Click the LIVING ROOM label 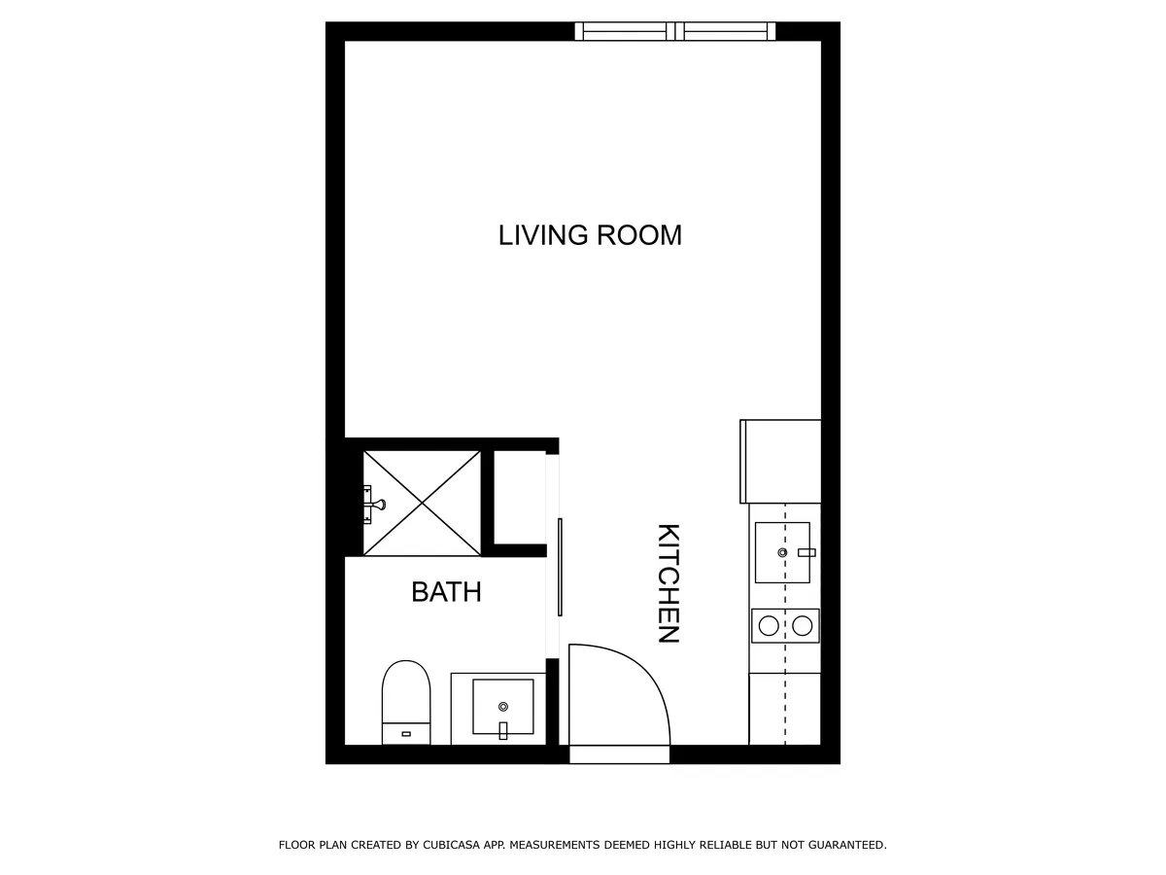[x=590, y=235]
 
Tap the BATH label [x=446, y=592]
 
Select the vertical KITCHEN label [x=669, y=583]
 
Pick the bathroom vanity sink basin [x=502, y=706]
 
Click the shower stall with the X [x=422, y=503]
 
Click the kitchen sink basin [x=782, y=552]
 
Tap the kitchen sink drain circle [x=782, y=552]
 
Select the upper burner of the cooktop [x=769, y=626]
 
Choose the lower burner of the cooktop [x=802, y=626]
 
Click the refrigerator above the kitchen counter [x=781, y=461]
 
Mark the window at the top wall [x=675, y=31]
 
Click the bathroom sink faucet [x=502, y=730]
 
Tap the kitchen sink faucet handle [x=806, y=552]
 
